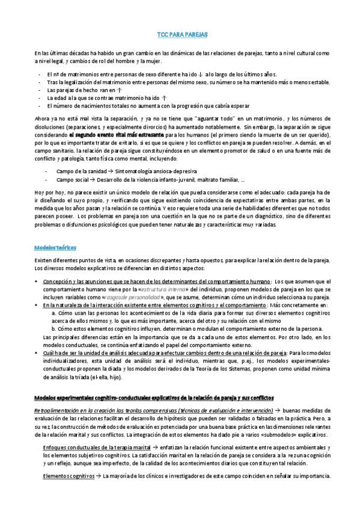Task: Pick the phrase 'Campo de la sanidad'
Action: coord(78,171)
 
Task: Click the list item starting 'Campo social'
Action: coord(150,179)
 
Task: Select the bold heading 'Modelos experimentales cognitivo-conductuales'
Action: coord(154,381)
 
